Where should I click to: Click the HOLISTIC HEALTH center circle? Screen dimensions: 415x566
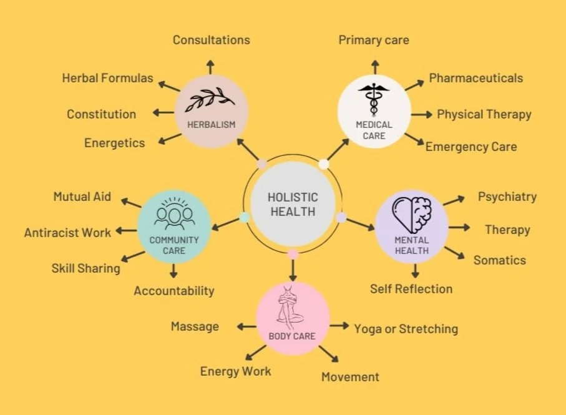pos(292,204)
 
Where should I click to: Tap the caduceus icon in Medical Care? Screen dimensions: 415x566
pos(374,99)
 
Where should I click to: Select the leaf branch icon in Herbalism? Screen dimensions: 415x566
pos(212,100)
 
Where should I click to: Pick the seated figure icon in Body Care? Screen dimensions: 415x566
pos(292,308)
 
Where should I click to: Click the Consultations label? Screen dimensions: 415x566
pos(211,40)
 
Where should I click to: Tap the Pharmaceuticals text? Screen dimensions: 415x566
pos(476,78)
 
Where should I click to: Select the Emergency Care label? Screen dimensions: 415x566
pos(471,147)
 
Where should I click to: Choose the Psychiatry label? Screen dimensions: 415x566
pos(507,197)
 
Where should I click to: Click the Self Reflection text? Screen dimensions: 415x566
pos(411,288)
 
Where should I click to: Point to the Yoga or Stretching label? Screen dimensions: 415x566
pos(406,328)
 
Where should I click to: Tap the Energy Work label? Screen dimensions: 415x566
pos(235,371)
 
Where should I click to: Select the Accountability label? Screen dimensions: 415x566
pos(173,290)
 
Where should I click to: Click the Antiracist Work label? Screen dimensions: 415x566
pos(67,233)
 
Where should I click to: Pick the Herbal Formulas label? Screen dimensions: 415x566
pos(107,78)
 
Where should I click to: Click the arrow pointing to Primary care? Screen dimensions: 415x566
pos(374,66)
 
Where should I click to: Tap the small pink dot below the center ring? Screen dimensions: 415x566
pos(292,254)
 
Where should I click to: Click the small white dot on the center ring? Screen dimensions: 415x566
pos(324,164)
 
